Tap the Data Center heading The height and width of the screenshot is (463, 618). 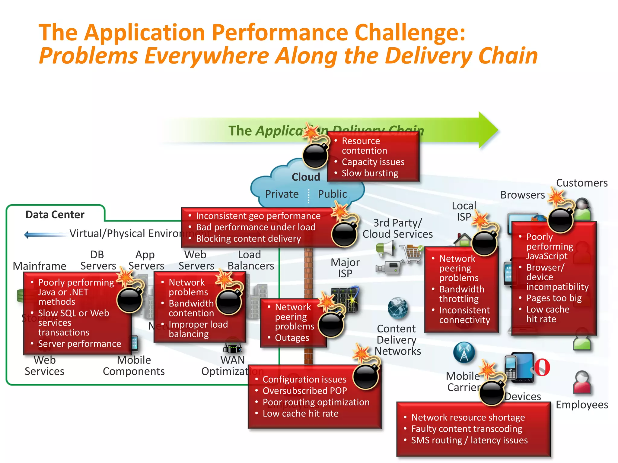(x=55, y=215)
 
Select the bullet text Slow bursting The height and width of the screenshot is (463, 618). (x=370, y=173)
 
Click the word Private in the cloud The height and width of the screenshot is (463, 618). (x=282, y=194)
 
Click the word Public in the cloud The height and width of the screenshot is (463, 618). (x=332, y=194)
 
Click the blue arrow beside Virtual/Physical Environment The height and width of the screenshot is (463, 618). (x=45, y=234)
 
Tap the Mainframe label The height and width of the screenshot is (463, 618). (x=40, y=266)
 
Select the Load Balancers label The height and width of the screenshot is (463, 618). (x=250, y=260)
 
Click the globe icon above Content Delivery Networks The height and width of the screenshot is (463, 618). (x=397, y=308)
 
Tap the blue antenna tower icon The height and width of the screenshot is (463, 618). (x=464, y=352)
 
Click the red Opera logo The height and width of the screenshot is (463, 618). (x=542, y=367)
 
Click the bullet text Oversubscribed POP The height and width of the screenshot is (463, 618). (x=304, y=391)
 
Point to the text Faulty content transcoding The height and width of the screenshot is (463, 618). (x=467, y=429)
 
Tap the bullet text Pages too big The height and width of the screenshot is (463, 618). (x=554, y=298)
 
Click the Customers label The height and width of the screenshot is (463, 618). (x=581, y=183)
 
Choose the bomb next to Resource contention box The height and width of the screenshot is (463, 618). (x=315, y=155)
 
